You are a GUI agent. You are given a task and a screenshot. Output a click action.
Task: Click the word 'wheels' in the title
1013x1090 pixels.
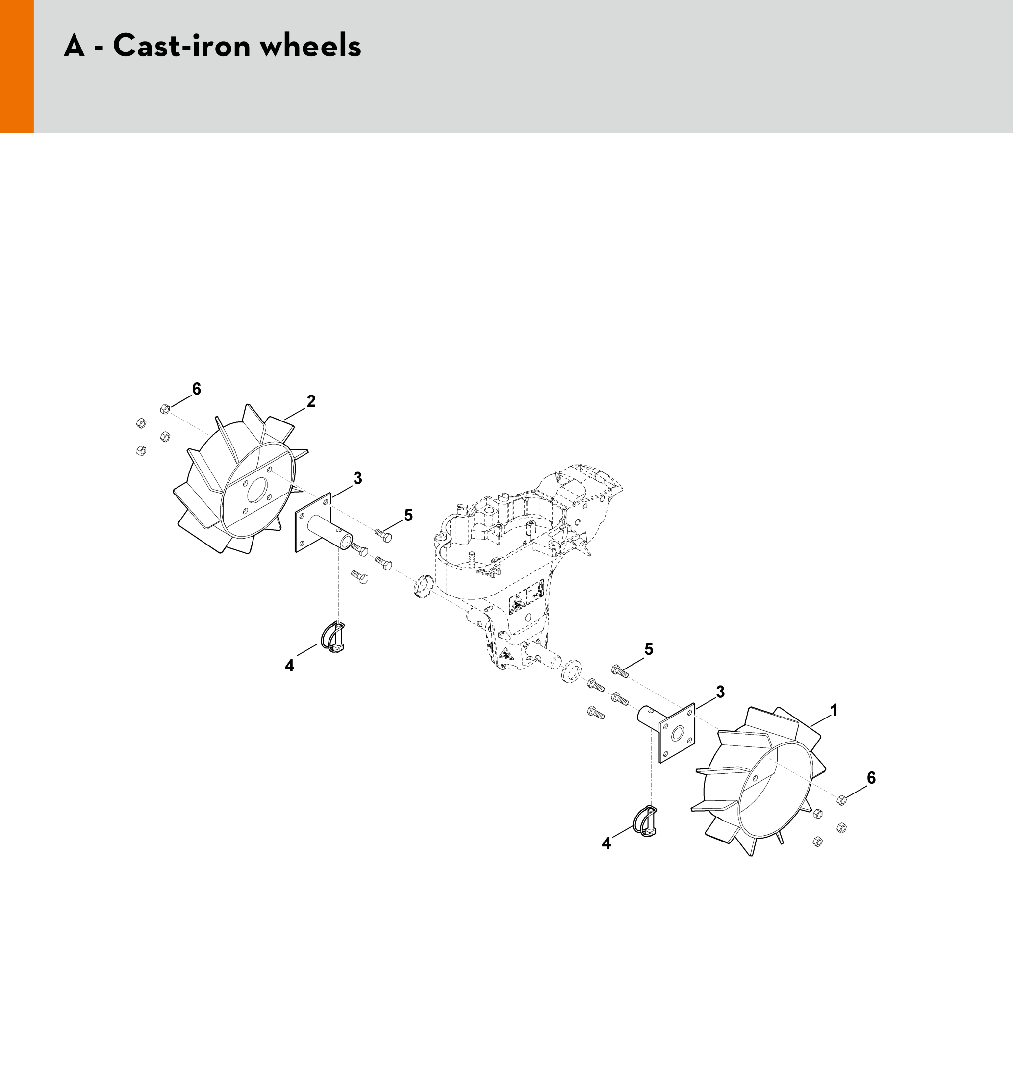click(x=310, y=46)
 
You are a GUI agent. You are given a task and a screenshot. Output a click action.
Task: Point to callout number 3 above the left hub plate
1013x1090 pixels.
click(x=357, y=478)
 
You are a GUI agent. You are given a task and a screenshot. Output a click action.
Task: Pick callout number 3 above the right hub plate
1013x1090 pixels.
click(x=720, y=692)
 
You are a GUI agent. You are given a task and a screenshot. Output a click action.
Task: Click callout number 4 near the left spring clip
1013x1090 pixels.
click(x=289, y=666)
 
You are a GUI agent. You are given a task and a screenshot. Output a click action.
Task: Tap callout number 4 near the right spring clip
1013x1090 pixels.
click(x=606, y=843)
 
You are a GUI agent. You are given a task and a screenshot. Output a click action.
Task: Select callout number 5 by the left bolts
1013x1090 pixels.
click(x=408, y=515)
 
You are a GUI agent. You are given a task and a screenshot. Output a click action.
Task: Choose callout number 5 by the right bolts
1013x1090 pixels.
click(x=649, y=649)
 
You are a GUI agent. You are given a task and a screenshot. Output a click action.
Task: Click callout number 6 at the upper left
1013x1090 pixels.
click(x=196, y=389)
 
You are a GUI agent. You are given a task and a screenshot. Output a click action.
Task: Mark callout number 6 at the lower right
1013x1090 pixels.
click(x=871, y=778)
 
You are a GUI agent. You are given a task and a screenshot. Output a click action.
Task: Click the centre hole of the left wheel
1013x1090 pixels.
click(x=256, y=491)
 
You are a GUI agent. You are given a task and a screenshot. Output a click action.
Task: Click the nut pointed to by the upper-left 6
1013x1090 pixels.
click(x=164, y=409)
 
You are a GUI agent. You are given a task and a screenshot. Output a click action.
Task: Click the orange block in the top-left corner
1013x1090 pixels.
click(x=17, y=66)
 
